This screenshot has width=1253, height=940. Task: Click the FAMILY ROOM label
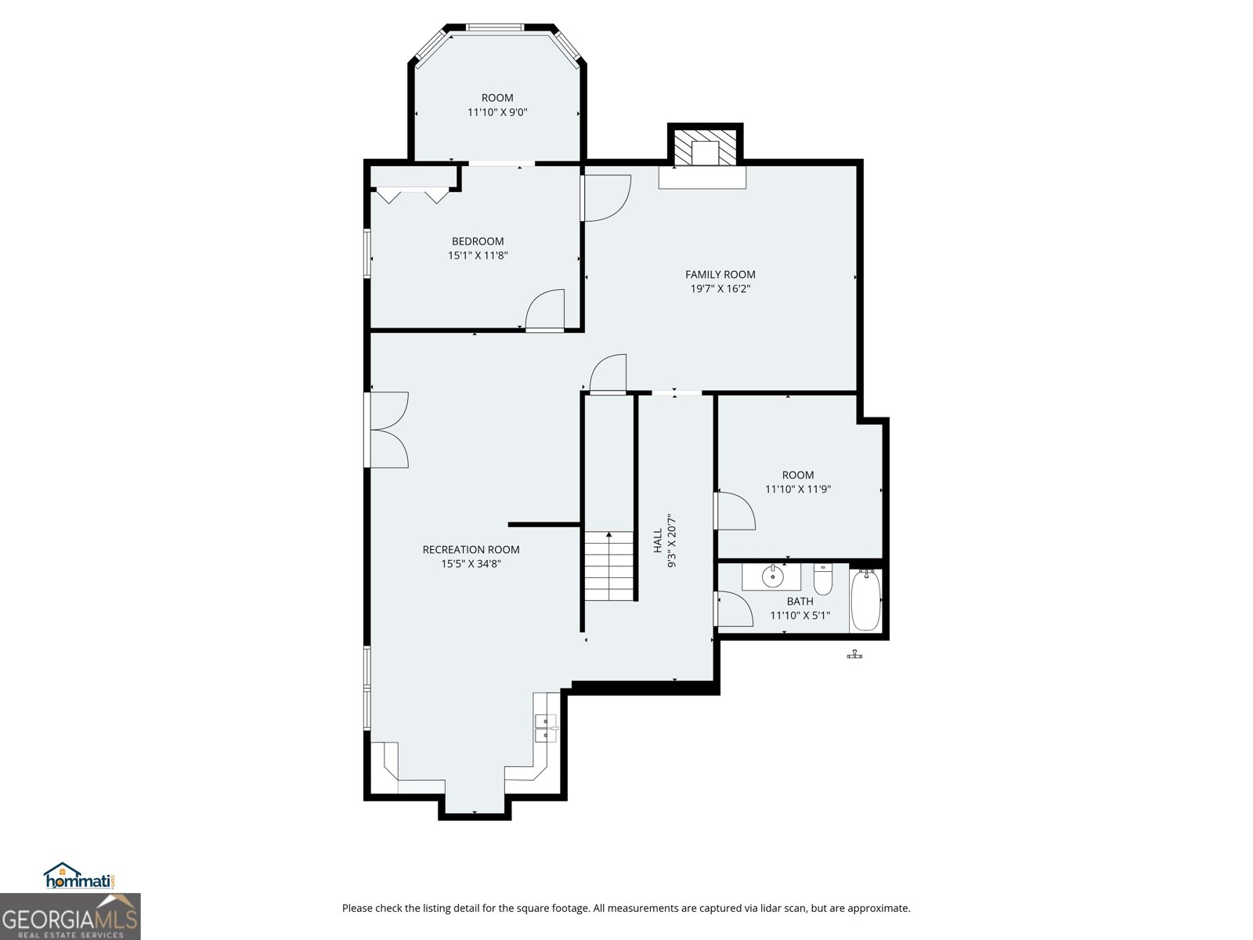pos(720,274)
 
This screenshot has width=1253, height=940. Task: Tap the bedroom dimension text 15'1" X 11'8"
pos(478,255)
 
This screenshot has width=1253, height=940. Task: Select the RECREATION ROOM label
pos(471,549)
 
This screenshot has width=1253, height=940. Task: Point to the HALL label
pos(658,540)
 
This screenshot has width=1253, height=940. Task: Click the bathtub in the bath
pos(865,601)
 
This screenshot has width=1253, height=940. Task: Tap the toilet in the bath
pos(822,580)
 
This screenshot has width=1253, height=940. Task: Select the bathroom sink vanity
pos(772,577)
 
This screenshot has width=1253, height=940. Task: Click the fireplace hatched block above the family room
pos(706,147)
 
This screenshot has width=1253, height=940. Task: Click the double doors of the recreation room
pos(388,430)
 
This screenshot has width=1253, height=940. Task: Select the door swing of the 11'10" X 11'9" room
pos(735,511)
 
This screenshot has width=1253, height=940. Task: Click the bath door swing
pos(734,609)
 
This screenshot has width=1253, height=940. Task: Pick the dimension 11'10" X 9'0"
pos(497,112)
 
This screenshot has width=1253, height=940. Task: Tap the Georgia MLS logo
pos(70,916)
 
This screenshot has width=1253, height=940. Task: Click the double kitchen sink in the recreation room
pos(545,728)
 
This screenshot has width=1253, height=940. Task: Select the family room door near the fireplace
pos(605,197)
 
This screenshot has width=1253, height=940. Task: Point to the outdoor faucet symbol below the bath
pos(854,654)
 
